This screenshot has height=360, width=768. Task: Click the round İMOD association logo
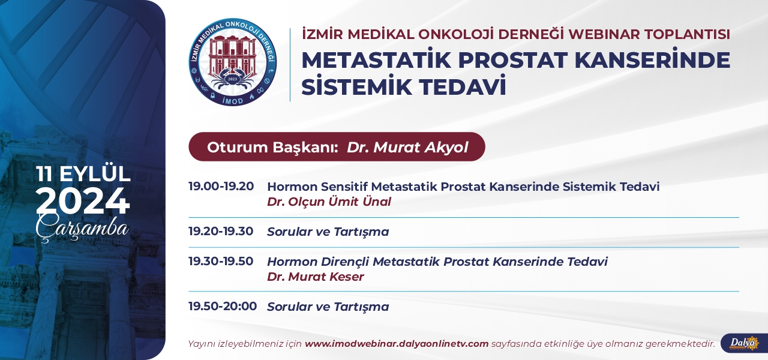233,62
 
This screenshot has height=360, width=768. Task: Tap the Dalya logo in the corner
744,343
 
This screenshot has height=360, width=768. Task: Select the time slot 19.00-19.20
221,186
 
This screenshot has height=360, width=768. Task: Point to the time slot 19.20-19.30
221,231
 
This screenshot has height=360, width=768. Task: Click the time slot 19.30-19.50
221,261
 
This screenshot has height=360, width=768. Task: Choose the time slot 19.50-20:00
223,306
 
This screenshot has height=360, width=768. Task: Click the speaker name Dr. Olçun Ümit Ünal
329,202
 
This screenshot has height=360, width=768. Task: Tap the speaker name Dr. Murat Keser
316,277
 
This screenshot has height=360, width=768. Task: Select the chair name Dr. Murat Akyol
407,148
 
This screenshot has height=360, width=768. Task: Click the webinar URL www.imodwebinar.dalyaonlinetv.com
397,344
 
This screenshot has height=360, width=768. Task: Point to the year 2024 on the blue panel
83,201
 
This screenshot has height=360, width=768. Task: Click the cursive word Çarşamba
82,227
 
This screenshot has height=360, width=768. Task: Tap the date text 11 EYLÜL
83,174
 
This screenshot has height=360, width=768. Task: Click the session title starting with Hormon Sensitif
463,187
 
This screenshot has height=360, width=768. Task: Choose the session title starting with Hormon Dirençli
437,262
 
